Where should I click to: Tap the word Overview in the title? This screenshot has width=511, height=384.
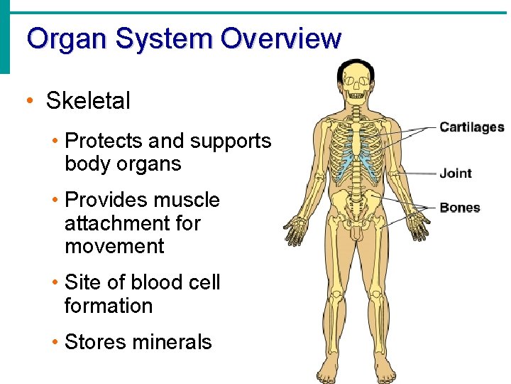click(280, 38)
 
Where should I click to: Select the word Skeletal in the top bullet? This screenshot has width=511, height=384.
click(88, 101)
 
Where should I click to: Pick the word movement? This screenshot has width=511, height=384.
click(114, 246)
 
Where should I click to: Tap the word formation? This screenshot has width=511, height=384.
click(108, 306)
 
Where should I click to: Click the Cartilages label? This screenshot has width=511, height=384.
click(471, 128)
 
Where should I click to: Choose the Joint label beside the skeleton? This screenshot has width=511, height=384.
click(455, 173)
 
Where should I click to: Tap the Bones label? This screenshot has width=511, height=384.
click(459, 208)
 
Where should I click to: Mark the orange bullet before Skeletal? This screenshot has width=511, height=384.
click(29, 101)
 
